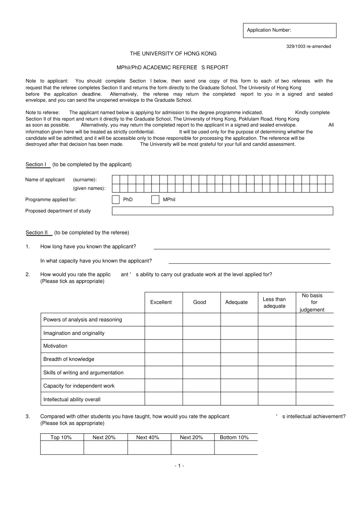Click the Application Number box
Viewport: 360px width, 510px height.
290,31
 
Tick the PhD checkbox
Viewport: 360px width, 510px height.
116,200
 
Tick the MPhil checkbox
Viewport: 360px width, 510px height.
155,200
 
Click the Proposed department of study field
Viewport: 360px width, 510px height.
222,211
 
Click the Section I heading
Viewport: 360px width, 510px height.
38,165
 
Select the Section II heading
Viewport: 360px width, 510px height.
39,233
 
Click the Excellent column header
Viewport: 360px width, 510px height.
161,302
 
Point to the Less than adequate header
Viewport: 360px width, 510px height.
274,303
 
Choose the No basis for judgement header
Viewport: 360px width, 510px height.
312,303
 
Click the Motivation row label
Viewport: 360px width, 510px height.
55,346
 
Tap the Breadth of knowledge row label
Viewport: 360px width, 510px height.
69,359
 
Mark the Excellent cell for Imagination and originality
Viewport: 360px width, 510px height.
164,333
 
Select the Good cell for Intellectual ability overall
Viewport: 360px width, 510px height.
202,399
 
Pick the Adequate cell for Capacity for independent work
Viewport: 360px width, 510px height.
239,386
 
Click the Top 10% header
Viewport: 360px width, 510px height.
61,438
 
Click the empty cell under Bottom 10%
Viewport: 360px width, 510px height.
236,447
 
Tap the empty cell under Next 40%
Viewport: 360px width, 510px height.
149,447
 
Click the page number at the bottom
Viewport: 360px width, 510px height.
179,466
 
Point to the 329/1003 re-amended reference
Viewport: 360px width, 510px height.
308,47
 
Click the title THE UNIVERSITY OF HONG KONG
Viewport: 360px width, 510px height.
173,54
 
